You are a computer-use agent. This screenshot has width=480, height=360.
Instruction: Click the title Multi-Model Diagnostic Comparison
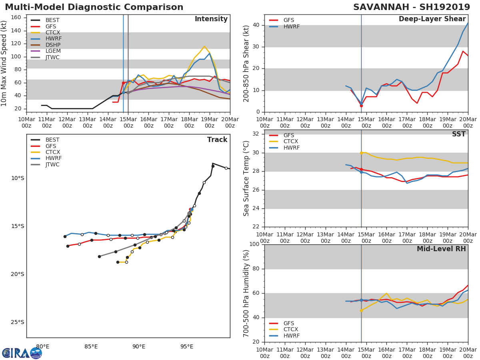tap(94, 7)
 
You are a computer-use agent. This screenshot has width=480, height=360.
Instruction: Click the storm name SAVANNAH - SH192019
tap(412, 7)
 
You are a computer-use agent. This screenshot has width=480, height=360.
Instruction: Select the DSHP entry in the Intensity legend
tap(53, 45)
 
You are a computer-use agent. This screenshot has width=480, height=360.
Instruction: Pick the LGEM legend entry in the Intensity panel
tap(53, 51)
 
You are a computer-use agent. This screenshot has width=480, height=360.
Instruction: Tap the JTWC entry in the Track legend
tap(52, 164)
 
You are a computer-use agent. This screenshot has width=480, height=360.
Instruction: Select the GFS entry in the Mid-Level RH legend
tap(289, 323)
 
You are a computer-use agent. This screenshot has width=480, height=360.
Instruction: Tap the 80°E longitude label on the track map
tap(43, 346)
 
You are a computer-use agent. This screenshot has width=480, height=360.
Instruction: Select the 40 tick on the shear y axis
tap(257, 25)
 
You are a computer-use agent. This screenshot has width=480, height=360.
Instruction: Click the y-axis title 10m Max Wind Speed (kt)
tap(4, 63)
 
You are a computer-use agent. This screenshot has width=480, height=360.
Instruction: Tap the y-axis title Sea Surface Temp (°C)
tap(246, 178)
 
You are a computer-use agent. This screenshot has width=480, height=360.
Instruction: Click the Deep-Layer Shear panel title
tap(432, 19)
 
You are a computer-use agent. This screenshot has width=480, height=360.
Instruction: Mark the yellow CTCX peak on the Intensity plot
tap(204, 46)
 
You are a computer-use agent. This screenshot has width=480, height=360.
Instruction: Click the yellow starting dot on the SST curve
tap(361, 153)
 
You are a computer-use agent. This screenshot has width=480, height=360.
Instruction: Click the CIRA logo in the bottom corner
tap(22, 353)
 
